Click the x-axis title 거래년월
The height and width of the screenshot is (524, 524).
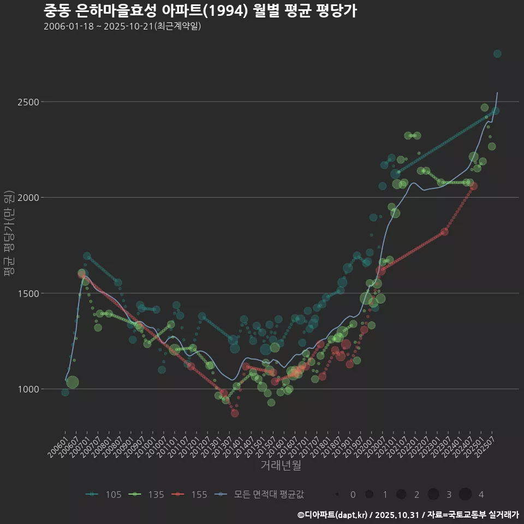point(281,465)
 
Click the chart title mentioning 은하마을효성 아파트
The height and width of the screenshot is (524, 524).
point(200,11)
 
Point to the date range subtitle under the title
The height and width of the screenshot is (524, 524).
point(123,26)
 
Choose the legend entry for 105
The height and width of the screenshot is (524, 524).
point(104,495)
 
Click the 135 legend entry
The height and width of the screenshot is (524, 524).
point(147,495)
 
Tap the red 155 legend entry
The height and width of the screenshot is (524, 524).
point(189,495)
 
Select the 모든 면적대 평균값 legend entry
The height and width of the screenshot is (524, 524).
point(260,495)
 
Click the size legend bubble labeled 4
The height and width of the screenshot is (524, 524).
point(465,495)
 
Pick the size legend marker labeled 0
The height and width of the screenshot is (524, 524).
point(338,495)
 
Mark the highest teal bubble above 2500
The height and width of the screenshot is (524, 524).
point(497,53)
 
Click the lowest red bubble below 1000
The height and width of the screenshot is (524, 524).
point(235,413)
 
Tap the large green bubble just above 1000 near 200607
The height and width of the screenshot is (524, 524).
point(73,382)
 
